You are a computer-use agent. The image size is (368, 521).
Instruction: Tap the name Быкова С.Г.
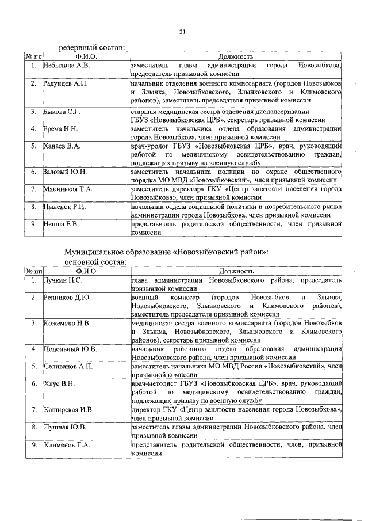point(62,111)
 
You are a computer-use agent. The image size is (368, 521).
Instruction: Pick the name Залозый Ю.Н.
point(65,172)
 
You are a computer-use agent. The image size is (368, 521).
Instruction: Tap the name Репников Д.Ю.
point(67,298)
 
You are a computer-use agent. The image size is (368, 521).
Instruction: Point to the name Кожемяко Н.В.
point(67,324)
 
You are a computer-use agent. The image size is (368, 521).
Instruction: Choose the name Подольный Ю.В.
point(70,349)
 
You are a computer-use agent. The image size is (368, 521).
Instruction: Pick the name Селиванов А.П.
point(68,366)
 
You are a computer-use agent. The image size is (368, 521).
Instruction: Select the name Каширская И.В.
point(68,410)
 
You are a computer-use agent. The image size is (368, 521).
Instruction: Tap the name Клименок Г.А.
point(67,445)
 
